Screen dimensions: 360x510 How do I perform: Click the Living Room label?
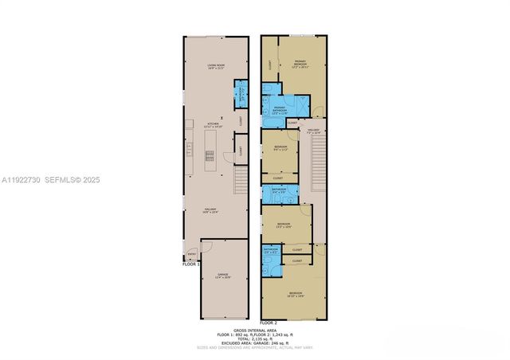214,66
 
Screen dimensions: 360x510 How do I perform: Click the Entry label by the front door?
190,255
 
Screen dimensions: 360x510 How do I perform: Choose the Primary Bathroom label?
280,109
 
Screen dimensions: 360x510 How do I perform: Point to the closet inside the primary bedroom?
271,64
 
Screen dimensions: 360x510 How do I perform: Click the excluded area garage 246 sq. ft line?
254,343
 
